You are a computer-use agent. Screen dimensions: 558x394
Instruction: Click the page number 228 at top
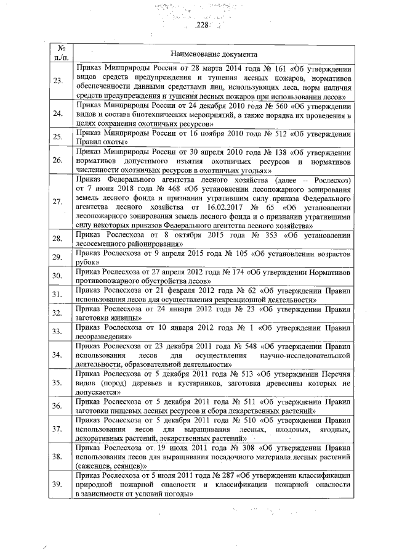pos(203,25)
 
